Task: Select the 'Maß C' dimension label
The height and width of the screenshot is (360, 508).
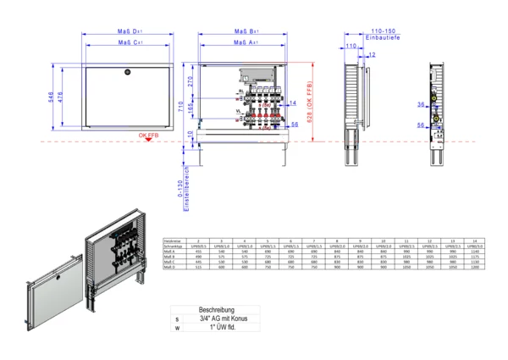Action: (130, 42)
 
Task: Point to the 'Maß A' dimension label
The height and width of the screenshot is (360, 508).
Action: (246, 42)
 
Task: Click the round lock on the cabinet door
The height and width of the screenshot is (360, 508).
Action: (127, 70)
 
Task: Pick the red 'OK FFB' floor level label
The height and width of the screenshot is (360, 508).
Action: (152, 134)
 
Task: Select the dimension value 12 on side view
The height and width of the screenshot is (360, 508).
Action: (372, 54)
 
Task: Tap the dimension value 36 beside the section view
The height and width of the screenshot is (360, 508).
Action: (421, 105)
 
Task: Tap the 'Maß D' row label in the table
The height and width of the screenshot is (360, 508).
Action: (170, 267)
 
